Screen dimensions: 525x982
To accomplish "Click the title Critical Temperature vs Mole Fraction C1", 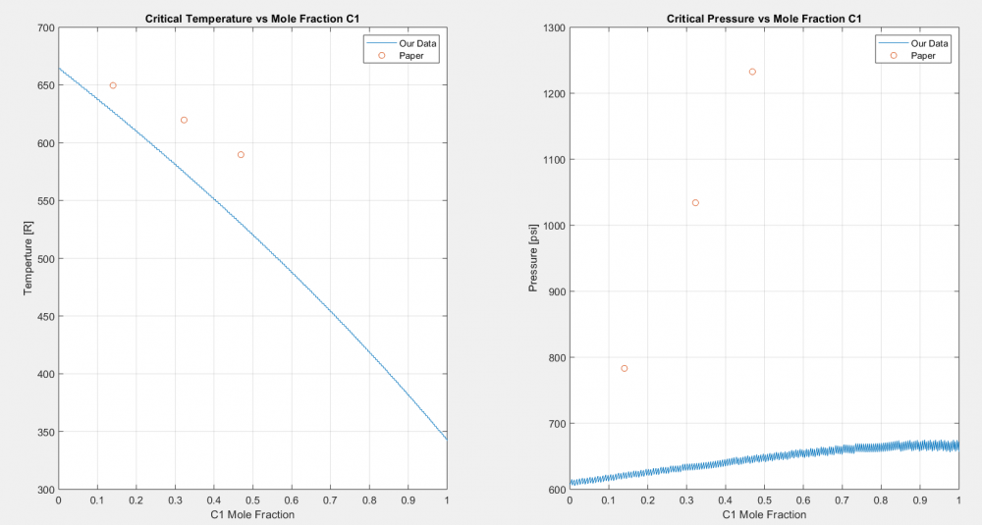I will [x=252, y=18].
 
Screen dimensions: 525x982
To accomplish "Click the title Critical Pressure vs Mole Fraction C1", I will [x=764, y=18].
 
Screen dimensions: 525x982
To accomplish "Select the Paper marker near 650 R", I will [x=113, y=85].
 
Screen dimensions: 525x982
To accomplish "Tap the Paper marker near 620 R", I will [x=184, y=120].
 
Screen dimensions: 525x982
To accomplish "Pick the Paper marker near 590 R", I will [x=241, y=155].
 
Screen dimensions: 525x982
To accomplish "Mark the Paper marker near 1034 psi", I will [x=695, y=203].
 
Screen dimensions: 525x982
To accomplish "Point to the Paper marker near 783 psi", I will [x=625, y=368].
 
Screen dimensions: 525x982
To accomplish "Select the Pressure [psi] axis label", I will [x=534, y=258].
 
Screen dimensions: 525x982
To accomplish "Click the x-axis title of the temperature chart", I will [x=252, y=514].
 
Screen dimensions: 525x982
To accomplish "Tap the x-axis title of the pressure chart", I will [x=764, y=514].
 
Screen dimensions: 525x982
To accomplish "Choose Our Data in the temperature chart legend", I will [x=412, y=42].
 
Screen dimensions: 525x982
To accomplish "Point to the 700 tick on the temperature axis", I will [x=43, y=27].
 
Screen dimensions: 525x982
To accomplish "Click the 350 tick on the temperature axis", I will [x=43, y=432].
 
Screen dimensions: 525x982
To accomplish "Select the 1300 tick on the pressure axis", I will [x=551, y=27].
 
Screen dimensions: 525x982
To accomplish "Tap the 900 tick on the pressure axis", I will [x=554, y=291].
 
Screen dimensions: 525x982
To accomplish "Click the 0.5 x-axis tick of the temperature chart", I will [x=252, y=500].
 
